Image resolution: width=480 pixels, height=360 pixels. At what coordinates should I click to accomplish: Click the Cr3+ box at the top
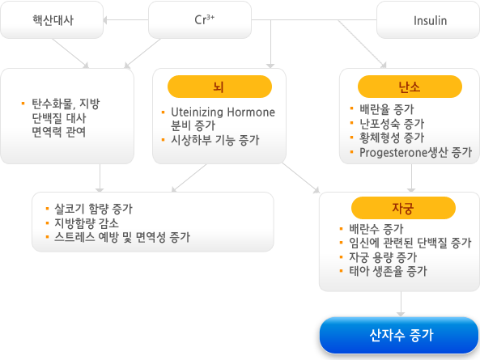[200, 20]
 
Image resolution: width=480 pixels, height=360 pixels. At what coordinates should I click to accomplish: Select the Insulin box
[428, 20]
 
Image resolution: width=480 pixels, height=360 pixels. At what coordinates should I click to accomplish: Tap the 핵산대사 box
[52, 20]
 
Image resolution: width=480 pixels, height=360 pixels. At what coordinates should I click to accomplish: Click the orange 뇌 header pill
[219, 87]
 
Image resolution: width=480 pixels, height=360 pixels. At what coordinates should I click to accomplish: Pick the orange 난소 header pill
[410, 87]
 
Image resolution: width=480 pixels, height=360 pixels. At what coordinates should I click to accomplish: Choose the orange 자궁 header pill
[403, 208]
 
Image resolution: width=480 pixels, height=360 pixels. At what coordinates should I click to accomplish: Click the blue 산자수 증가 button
[399, 335]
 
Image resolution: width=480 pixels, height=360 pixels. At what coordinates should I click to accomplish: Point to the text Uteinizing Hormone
[223, 112]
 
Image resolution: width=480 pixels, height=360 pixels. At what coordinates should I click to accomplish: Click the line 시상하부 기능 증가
[215, 140]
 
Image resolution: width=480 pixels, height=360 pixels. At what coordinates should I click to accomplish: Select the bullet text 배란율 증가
[387, 109]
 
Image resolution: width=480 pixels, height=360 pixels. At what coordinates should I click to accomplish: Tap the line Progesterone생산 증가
[415, 152]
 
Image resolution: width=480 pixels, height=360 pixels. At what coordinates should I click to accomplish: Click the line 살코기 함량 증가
[93, 209]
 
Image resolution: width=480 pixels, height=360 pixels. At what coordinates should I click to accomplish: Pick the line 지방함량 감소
[87, 223]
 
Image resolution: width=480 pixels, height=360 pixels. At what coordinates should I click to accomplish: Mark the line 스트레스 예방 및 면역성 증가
[122, 237]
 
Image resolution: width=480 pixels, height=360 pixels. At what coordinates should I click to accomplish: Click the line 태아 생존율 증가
[388, 271]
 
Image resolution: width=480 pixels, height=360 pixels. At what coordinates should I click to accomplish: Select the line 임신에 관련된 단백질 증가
[410, 243]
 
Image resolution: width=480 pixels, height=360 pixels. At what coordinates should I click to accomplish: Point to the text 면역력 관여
[59, 132]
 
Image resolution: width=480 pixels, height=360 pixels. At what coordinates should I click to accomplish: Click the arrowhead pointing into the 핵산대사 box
[105, 20]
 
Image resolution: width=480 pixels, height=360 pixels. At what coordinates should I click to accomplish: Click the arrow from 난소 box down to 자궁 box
[411, 178]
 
